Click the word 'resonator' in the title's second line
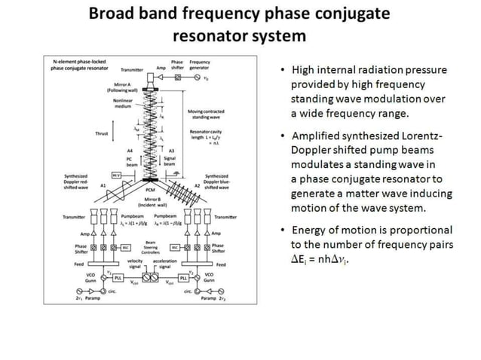[x=207, y=35]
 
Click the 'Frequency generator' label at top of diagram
[x=200, y=65]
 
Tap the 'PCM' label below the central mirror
[x=151, y=191]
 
